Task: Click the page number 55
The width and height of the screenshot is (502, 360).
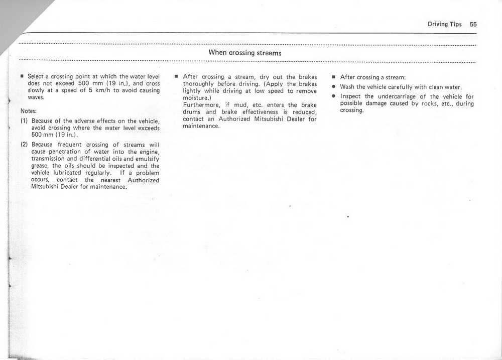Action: [474, 24]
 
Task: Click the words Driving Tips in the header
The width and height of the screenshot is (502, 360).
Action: [444, 24]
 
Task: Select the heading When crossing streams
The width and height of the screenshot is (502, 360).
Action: [245, 53]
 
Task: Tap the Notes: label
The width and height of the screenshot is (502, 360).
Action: [29, 110]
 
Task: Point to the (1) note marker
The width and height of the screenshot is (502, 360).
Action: [24, 121]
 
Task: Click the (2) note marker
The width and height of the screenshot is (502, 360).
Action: [24, 145]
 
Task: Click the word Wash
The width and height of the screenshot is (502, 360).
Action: [348, 87]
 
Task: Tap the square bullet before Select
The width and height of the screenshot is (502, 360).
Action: [22, 77]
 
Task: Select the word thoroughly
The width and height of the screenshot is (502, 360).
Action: [200, 84]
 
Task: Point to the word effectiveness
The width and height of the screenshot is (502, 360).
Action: [263, 112]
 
